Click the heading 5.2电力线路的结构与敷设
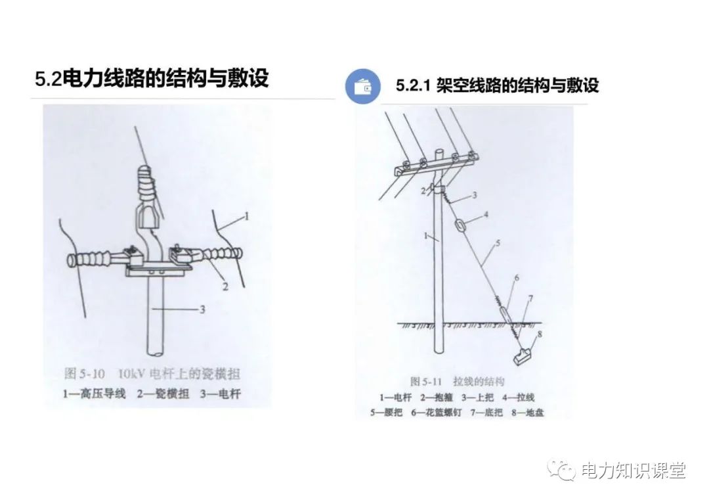152,79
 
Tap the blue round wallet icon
362,86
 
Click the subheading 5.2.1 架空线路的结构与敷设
497,86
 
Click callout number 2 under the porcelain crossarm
225,286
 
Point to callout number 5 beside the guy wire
497,244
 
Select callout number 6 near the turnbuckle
516,278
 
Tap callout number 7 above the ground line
531,299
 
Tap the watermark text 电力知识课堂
634,470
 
